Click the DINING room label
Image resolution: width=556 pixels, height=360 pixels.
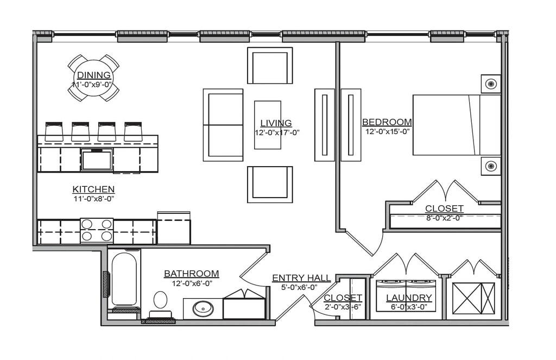pos(94,75)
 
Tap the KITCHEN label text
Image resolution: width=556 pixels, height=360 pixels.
pos(93,189)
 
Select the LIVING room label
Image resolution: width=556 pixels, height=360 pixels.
pos(276,123)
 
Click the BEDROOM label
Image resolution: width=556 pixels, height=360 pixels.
pos(387,122)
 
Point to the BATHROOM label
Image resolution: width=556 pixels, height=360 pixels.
pos(191,274)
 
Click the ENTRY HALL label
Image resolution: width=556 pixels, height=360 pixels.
pos(301,278)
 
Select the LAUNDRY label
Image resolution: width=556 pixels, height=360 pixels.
pos(408,298)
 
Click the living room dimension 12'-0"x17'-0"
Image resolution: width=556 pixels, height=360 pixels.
pos(276,132)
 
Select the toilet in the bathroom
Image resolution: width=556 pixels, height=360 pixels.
pos(160,302)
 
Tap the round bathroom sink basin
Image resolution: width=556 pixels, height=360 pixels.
pos(203,308)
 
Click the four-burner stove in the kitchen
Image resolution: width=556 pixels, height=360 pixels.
pos(97,230)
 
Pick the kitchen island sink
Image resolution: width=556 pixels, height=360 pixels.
pos(97,160)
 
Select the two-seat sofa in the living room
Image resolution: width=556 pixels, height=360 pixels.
pos(223,125)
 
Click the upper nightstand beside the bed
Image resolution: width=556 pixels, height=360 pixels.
pos(491,84)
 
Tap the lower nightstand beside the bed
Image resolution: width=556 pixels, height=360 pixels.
pos(491,166)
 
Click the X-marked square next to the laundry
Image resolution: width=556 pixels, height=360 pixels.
pos(473,298)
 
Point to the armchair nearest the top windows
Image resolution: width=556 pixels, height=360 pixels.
pos(270,66)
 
